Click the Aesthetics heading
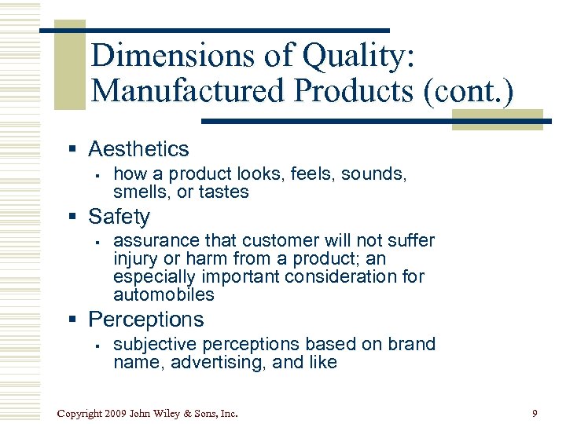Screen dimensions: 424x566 click(x=138, y=148)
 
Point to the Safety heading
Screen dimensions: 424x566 click(x=119, y=216)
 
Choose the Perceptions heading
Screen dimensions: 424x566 click(x=145, y=320)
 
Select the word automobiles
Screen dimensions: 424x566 click(x=164, y=295)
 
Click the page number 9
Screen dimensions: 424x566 click(x=535, y=413)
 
